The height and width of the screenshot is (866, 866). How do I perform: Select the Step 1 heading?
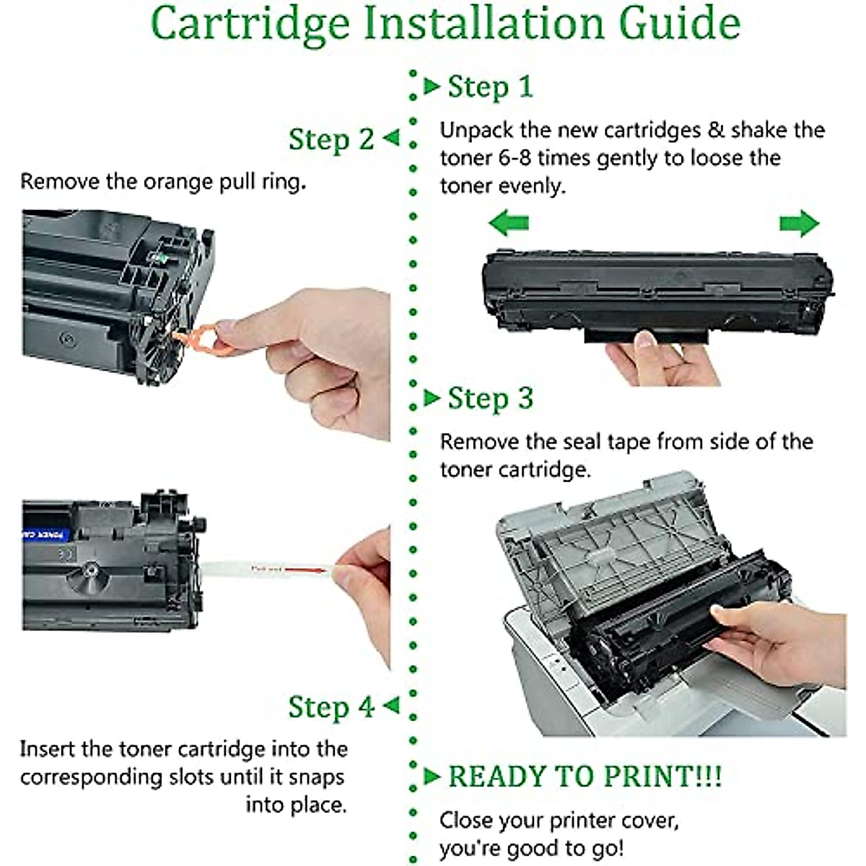(490, 87)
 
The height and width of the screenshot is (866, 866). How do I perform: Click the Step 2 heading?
(331, 139)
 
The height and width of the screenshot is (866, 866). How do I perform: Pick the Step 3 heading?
(490, 398)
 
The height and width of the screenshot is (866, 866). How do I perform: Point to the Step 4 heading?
(331, 707)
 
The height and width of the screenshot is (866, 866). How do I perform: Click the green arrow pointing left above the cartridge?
(509, 223)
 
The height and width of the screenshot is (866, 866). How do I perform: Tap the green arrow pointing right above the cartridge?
(799, 224)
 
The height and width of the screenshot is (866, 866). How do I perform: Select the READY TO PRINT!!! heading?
(585, 777)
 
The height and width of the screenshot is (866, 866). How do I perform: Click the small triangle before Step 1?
(432, 87)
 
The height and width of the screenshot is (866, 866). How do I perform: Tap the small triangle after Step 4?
(391, 705)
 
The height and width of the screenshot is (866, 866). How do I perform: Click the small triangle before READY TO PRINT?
(432, 777)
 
